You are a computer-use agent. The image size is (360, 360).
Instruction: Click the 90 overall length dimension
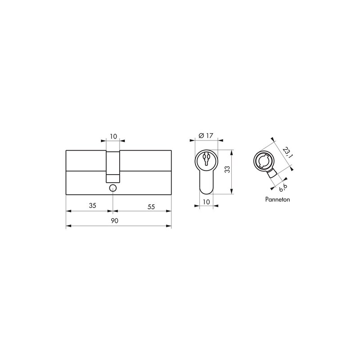[115, 220]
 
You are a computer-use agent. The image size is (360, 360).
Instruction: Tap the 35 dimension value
[92, 206]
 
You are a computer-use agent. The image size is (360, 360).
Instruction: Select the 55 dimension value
[151, 207]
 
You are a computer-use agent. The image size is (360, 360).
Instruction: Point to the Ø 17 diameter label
[206, 136]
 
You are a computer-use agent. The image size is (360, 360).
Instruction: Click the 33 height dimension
[227, 170]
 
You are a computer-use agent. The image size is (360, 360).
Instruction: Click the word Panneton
[277, 199]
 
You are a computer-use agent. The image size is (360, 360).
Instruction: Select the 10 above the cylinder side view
[113, 136]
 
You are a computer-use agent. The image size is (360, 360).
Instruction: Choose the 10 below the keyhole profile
[207, 202]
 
